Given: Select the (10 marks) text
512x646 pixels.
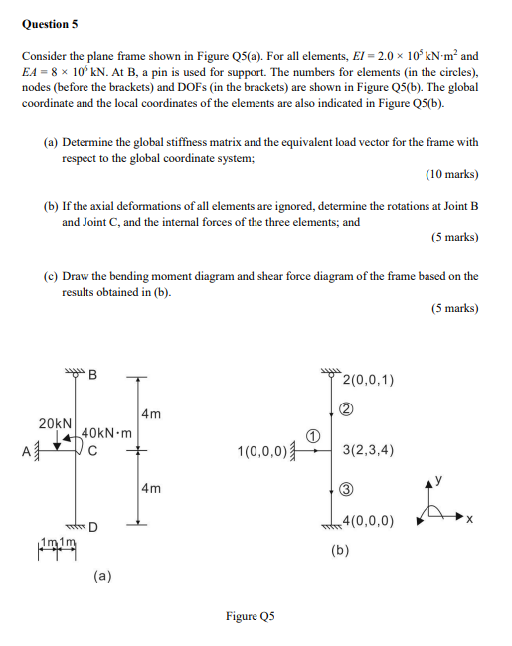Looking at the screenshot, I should click(451, 174).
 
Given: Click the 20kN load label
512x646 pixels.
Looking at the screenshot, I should click(55, 424).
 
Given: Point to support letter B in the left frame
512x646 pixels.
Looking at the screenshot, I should click(93, 376).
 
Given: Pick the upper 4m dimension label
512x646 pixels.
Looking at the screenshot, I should click(151, 413).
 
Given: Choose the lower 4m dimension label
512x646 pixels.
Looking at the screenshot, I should click(151, 488).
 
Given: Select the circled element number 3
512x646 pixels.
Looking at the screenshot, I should click(347, 488).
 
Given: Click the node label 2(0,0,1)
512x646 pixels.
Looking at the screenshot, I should click(368, 379).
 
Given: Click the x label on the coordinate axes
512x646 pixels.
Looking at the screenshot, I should click(470, 519).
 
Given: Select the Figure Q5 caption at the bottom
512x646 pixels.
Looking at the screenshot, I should click(250, 615).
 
